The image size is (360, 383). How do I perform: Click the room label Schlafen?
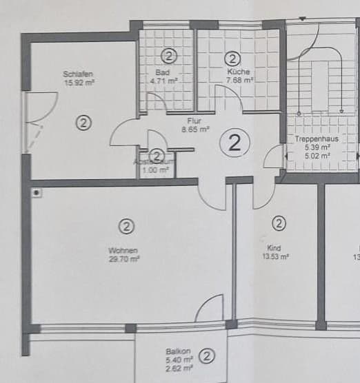click(78, 74)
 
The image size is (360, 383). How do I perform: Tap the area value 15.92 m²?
click(79, 83)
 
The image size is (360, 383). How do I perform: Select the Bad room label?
click(163, 72)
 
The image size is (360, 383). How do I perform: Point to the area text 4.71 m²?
click(163, 80)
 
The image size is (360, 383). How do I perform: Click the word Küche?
click(239, 72)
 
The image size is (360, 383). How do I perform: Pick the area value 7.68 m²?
click(240, 80)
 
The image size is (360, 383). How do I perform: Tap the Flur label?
click(194, 121)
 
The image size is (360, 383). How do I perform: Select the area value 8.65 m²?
click(195, 129)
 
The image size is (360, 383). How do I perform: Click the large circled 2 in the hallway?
click(234, 143)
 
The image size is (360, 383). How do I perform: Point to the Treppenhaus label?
click(313, 139)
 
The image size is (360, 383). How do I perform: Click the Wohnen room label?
click(123, 250)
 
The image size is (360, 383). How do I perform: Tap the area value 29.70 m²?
click(124, 259)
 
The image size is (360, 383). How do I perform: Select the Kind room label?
click(274, 247)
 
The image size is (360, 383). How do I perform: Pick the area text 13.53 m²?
click(275, 256)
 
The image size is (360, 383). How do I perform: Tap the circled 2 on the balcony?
click(206, 356)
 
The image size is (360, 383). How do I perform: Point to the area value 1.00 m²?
click(155, 169)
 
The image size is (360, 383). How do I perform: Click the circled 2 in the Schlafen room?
click(83, 123)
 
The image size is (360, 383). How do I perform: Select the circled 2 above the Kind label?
click(279, 223)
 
